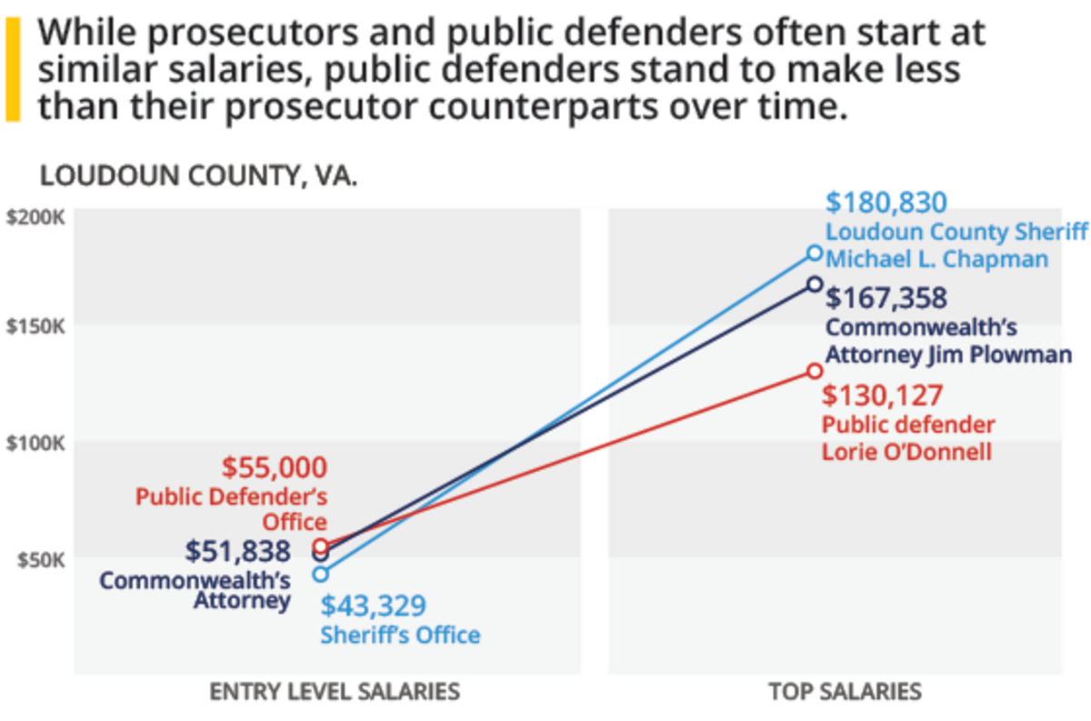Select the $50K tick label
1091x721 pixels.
coord(40,558)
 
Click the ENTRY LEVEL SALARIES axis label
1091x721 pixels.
coord(335,692)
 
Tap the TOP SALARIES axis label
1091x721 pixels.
coord(845,692)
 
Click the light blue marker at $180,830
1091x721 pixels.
coord(815,253)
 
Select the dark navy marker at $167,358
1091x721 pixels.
coord(815,285)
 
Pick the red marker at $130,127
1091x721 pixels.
coord(815,371)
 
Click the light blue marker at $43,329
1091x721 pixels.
coord(320,574)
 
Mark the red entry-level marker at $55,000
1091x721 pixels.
coord(320,546)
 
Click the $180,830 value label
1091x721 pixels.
coord(886,203)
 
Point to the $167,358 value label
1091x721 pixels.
coord(886,298)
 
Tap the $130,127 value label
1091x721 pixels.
coord(883,396)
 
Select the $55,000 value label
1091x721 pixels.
coord(275,468)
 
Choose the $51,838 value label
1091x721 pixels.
coord(238,551)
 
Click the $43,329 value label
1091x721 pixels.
coord(373,606)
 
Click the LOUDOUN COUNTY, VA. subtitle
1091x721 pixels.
coord(199,175)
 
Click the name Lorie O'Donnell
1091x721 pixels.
coord(906,451)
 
